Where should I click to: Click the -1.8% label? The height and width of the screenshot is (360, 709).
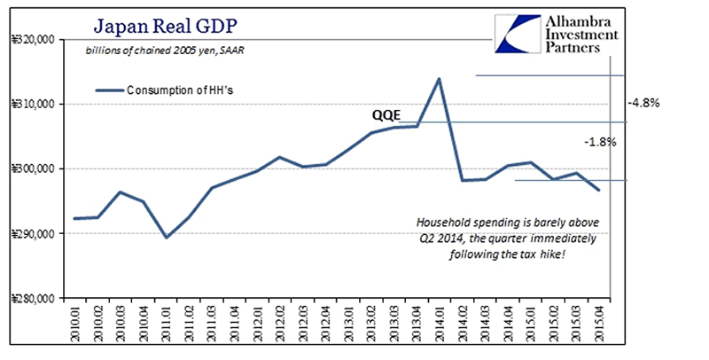pos(599,142)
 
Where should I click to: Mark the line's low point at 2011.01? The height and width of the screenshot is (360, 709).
pos(166,238)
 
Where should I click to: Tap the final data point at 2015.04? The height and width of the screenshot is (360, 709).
pos(599,190)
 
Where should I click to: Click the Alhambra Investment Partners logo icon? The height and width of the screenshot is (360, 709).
pos(517,32)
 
